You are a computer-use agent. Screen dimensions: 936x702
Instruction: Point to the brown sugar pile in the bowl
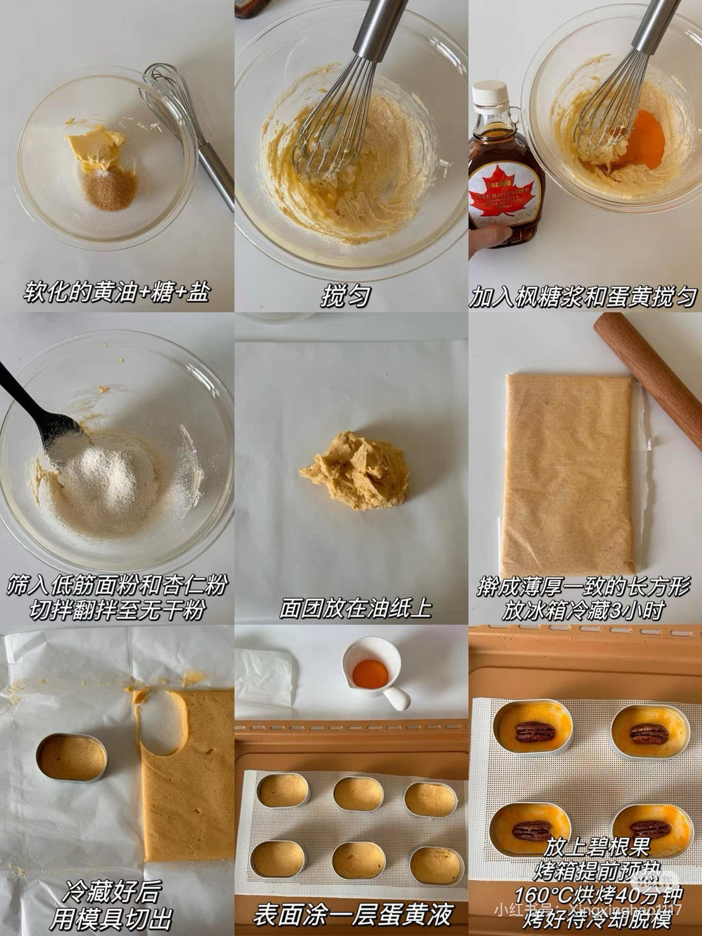coord(110,188)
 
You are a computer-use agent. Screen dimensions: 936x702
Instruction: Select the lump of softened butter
coord(97,146)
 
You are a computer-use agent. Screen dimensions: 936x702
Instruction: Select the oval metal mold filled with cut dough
coord(71,757)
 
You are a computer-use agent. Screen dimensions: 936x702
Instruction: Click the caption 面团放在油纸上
coord(356,608)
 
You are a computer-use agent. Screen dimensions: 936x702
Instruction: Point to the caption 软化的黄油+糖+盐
coord(117,292)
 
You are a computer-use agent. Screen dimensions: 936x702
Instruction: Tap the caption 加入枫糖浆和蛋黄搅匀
coord(583,296)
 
